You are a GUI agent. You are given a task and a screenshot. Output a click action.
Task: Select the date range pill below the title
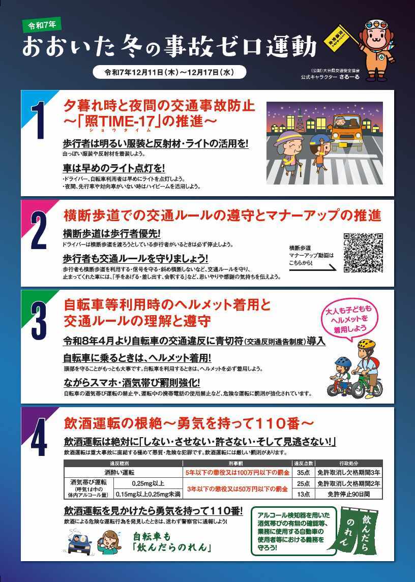(169, 72)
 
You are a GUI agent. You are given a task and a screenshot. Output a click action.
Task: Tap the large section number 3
(40, 321)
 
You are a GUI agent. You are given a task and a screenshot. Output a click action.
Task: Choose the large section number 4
(39, 438)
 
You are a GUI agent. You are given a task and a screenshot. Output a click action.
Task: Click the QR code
(363, 253)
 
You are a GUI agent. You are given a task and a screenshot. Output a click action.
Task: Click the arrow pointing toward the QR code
(312, 268)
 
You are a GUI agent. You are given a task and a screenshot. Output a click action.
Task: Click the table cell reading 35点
(303, 472)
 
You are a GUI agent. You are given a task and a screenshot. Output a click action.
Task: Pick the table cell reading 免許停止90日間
(348, 494)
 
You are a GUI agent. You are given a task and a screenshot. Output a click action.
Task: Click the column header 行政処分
(348, 464)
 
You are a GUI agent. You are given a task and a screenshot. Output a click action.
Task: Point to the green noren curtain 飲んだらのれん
(359, 532)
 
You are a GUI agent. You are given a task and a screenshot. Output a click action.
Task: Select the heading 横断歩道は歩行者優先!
(111, 233)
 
